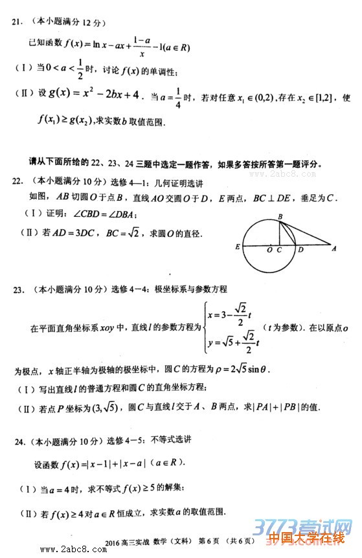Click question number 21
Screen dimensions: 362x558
pos(17,22)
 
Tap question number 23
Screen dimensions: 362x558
pos(18,289)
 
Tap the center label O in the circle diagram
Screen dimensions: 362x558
pos(269,250)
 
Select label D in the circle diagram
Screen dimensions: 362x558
pos(300,249)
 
